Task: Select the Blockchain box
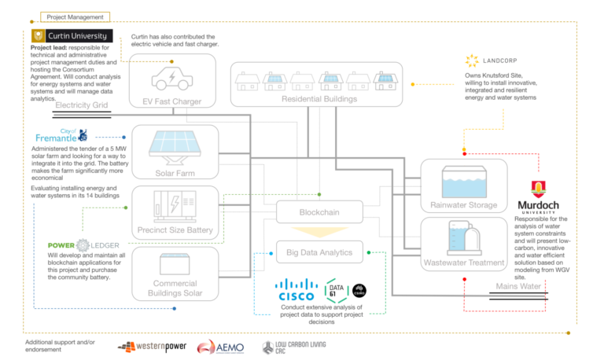coord(319,212)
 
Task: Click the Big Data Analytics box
coord(319,252)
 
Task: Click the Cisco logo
coord(297,292)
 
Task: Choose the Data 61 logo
coord(338,291)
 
